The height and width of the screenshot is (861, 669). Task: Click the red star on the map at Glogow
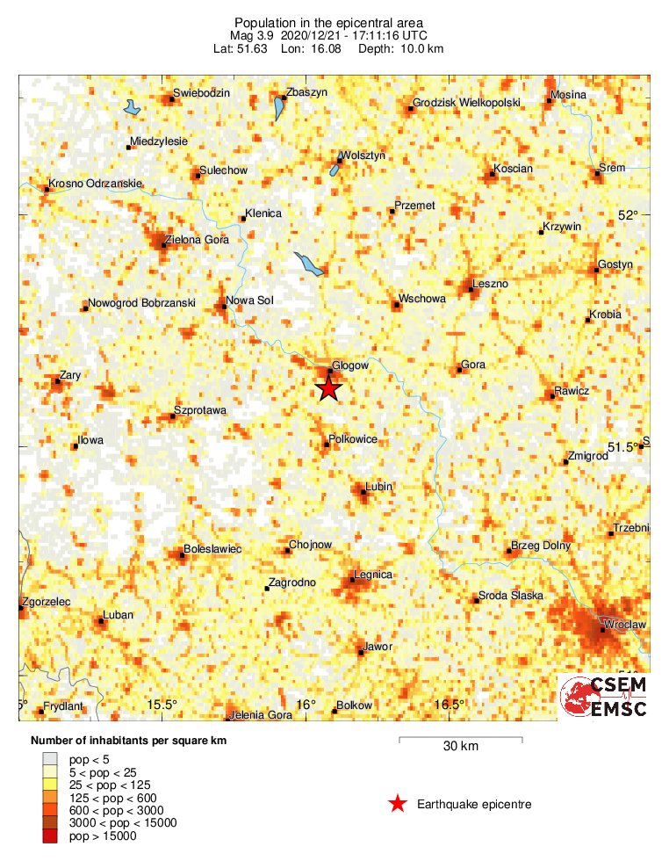pyautogui.click(x=328, y=387)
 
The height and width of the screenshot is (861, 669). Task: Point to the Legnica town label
pyautogui.click(x=372, y=575)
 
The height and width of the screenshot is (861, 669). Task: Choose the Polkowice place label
pyautogui.click(x=353, y=438)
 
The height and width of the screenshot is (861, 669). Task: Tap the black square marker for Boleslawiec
pyautogui.click(x=183, y=555)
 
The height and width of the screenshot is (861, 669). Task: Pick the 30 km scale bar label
pyautogui.click(x=460, y=747)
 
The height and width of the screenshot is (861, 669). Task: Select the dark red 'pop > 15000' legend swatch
pyautogui.click(x=50, y=836)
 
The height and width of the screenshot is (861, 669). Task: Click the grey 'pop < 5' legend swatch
pyautogui.click(x=50, y=757)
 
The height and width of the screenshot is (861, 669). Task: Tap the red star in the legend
pyautogui.click(x=398, y=803)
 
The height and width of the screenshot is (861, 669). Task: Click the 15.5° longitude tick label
pyautogui.click(x=162, y=705)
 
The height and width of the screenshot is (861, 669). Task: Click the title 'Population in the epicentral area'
pyautogui.click(x=329, y=23)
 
